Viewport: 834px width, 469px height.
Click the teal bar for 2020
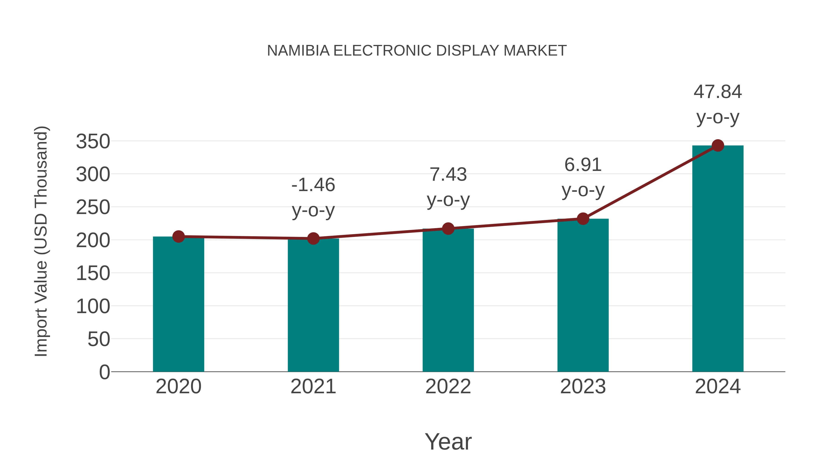178,304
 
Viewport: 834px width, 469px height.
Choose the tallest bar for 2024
718,259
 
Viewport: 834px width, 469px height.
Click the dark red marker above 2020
178,237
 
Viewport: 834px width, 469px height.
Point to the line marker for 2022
448,229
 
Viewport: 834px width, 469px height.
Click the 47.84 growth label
717,92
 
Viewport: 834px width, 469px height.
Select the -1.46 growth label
313,185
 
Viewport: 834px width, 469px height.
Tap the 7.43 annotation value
448,175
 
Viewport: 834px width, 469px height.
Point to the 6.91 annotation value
583,165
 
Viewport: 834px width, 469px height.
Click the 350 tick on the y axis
93,142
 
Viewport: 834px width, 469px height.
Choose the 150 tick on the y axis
93,273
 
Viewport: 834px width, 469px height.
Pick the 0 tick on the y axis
104,372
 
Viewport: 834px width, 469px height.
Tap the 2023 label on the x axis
583,387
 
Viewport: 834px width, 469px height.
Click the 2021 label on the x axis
313,387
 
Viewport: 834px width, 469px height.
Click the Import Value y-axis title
41,241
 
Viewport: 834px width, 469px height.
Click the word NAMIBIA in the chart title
298,51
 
